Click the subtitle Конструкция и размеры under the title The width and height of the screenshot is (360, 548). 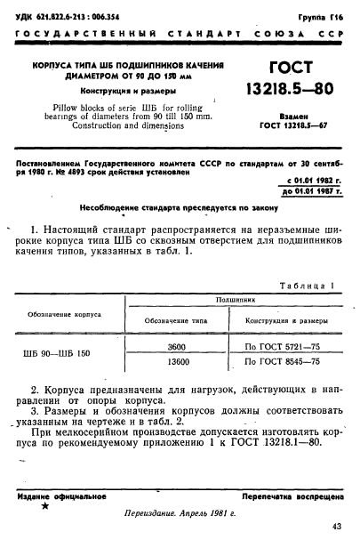coord(126,93)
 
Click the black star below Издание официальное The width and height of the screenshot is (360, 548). coord(44,506)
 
